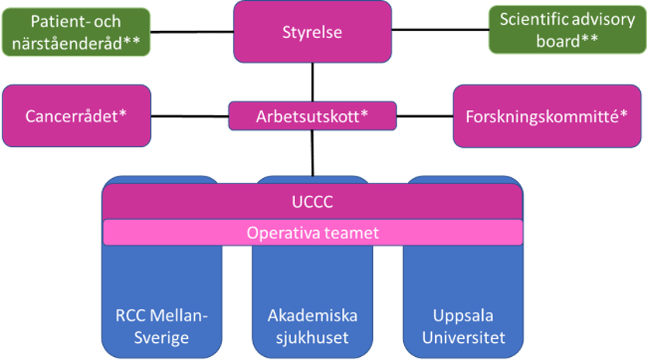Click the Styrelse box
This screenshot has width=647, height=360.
click(313, 32)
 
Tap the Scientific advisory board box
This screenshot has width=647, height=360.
click(567, 30)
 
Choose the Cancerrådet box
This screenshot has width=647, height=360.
click(76, 116)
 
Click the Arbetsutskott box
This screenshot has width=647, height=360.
click(313, 116)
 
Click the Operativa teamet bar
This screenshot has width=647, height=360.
click(313, 231)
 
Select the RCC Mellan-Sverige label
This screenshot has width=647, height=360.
click(162, 327)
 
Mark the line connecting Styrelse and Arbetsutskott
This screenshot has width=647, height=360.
click(313, 82)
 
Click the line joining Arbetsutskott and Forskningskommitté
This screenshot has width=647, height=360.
click(424, 116)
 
